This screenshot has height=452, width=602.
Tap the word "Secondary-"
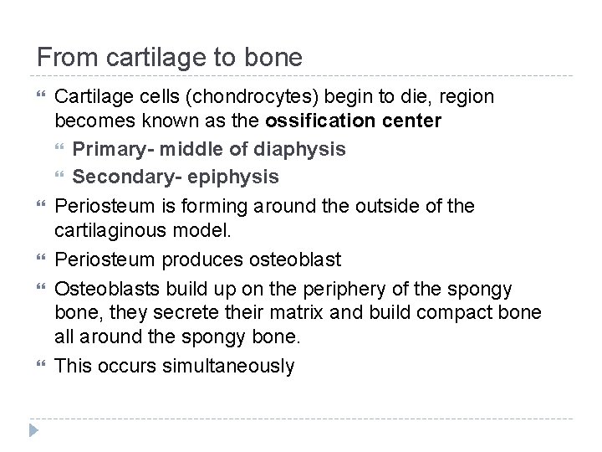pyautogui.click(x=122, y=177)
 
